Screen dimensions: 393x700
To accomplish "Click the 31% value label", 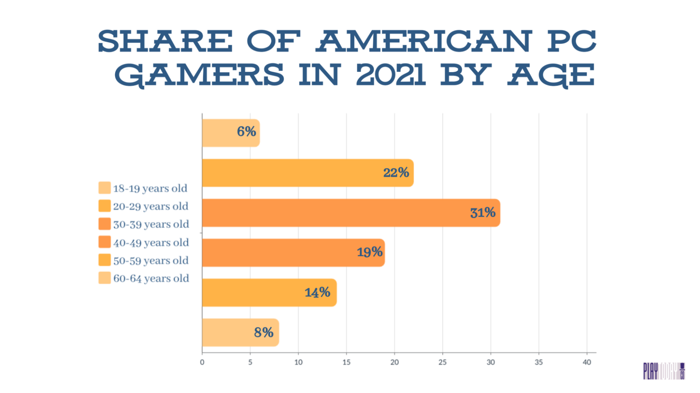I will [x=482, y=213].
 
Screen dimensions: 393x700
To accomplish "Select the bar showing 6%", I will [x=230, y=133].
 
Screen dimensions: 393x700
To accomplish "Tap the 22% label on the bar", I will [x=396, y=173].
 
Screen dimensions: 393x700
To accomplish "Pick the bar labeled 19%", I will [x=293, y=253].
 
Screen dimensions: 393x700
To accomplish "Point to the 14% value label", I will [x=317, y=292].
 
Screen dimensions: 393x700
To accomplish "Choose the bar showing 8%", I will [x=240, y=333].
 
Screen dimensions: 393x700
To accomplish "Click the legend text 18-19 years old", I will [x=150, y=188].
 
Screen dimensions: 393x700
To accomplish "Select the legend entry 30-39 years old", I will [x=151, y=224].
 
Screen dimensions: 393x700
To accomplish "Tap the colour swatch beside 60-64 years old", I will [x=105, y=278].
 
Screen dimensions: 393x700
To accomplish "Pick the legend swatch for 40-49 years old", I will [x=105, y=242].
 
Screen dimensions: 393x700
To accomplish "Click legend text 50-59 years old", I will [x=151, y=260].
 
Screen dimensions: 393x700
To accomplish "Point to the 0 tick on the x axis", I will [x=202, y=362].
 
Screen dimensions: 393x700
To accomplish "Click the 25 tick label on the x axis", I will [x=442, y=362].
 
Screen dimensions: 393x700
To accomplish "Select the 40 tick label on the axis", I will [x=587, y=362].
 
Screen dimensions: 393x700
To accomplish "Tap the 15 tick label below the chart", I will [x=346, y=362].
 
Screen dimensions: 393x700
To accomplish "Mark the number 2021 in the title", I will [x=390, y=75].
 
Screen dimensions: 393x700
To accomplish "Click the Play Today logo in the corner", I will [x=664, y=371].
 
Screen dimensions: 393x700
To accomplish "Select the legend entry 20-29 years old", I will [x=151, y=206].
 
